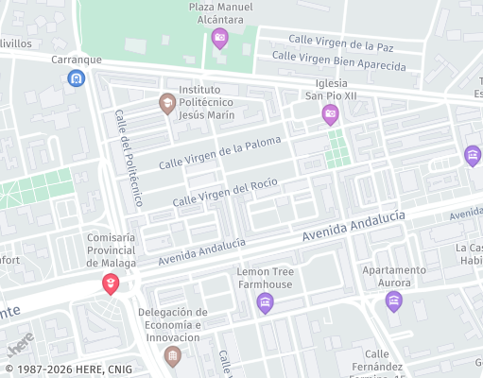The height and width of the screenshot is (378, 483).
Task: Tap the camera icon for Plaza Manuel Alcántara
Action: click(220, 38)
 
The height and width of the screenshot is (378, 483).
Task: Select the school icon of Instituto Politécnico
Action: click(167, 103)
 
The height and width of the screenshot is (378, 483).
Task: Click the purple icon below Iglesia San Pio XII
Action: click(330, 115)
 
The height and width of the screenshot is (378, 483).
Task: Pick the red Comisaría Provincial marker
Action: click(111, 283)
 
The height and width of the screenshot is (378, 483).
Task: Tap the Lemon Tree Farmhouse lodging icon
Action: click(265, 302)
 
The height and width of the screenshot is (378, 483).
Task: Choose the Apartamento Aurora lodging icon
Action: click(394, 301)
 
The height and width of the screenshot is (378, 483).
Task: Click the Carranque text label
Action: click(76, 59)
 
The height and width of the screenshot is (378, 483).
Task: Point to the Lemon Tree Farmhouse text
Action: click(265, 278)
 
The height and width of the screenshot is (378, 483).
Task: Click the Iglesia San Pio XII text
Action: click(331, 89)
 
